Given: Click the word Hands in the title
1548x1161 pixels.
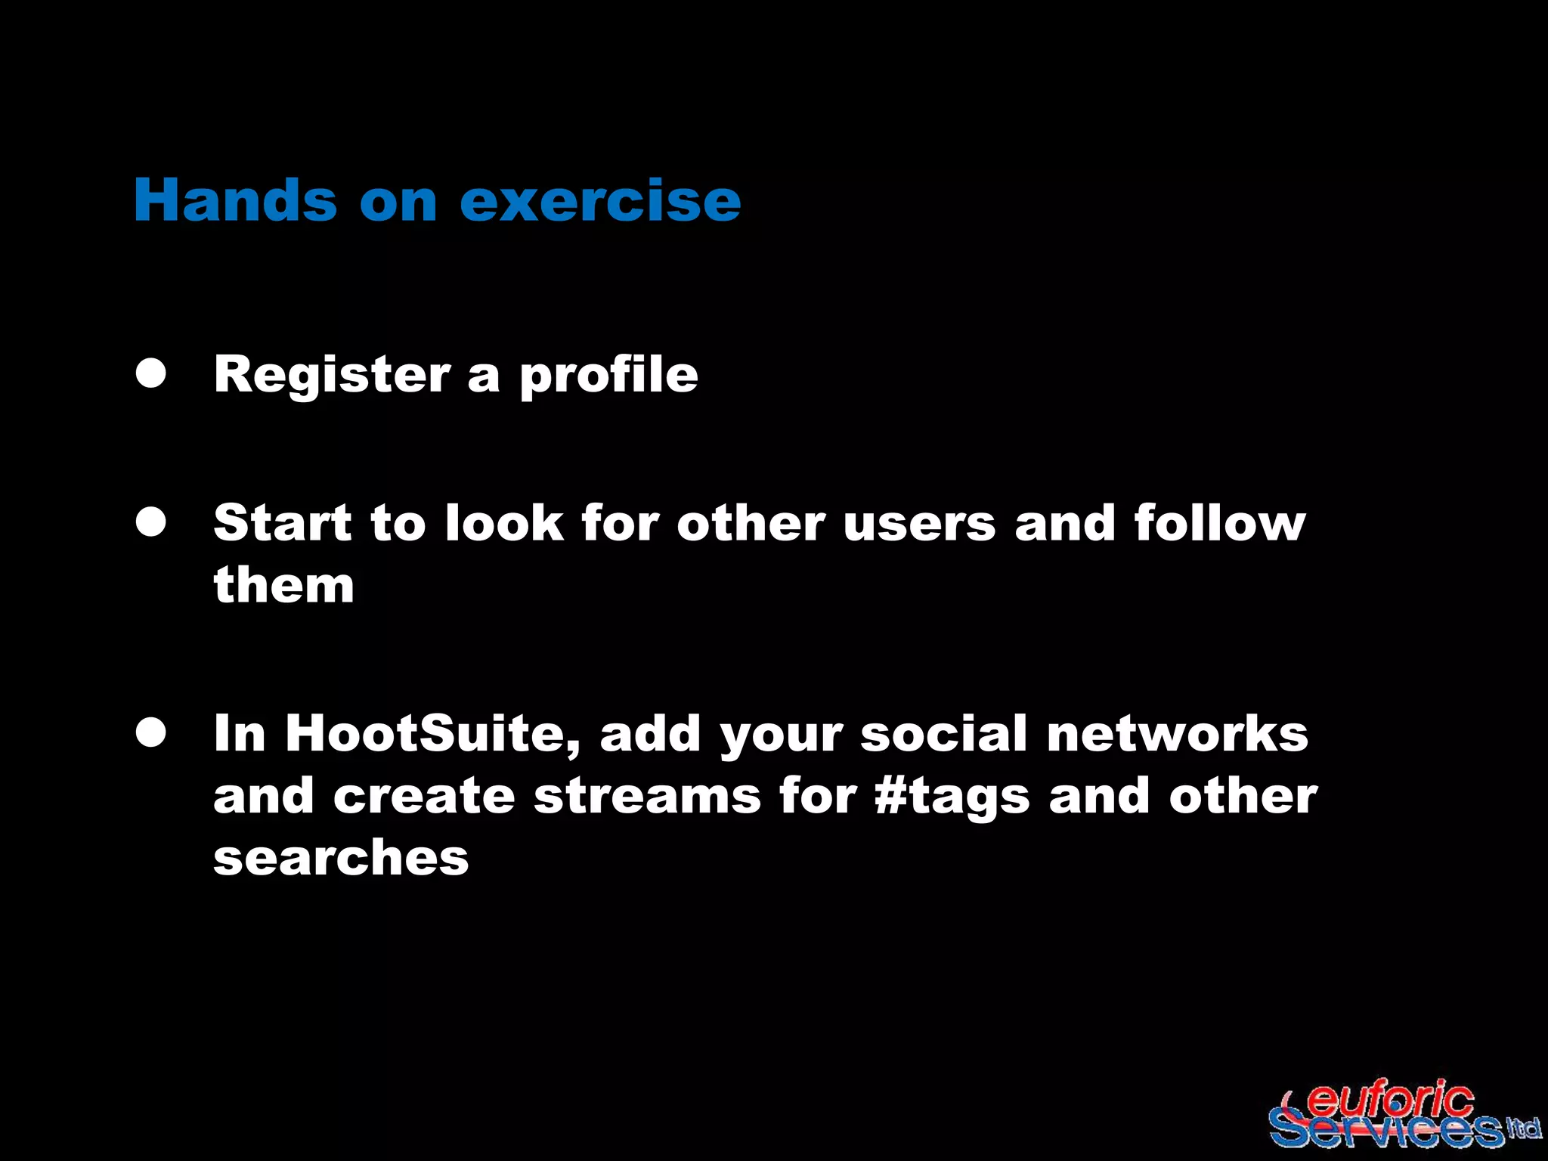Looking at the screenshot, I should click(x=235, y=200).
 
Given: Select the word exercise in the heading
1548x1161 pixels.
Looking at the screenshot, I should click(x=600, y=200).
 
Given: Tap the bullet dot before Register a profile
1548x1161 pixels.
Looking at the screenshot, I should click(x=151, y=373).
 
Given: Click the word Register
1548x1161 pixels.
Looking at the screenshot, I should click(x=332, y=375).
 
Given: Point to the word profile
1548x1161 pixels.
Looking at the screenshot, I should click(x=608, y=375).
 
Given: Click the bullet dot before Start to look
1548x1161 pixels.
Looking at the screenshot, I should click(x=151, y=522).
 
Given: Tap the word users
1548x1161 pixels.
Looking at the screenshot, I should click(x=919, y=522).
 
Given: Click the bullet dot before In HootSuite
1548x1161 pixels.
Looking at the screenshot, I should click(x=151, y=732).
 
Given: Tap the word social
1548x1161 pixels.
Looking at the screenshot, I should click(x=944, y=734).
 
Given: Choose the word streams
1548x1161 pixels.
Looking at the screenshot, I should click(x=647, y=796).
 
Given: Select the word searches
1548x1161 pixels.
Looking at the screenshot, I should click(x=341, y=858).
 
